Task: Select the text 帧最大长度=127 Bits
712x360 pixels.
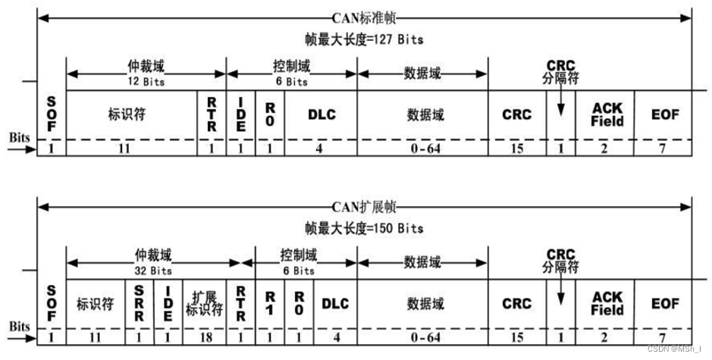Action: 365,38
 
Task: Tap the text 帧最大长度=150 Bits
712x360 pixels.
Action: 365,227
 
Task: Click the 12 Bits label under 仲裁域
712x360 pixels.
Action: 146,82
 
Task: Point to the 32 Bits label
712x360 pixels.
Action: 155,270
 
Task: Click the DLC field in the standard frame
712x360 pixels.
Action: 321,115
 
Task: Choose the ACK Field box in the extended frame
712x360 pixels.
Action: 607,303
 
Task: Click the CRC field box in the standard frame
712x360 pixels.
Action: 516,115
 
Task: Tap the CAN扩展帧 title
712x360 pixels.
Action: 365,206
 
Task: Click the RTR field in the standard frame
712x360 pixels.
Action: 212,115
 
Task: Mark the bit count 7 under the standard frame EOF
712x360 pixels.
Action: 663,149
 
